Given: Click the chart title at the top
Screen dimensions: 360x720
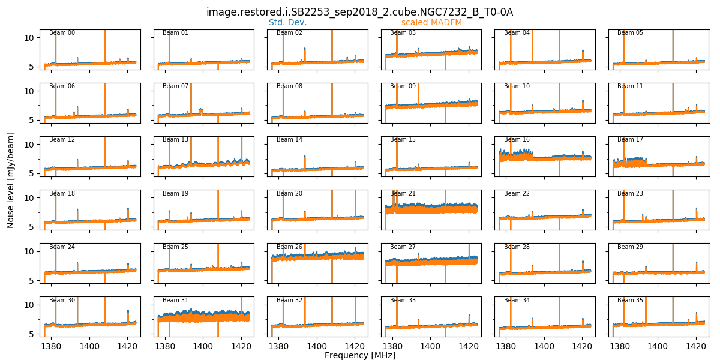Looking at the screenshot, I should [359, 12].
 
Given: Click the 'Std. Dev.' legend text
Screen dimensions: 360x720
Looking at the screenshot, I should [287, 22].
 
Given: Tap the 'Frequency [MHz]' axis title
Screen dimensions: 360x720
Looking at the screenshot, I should [359, 355].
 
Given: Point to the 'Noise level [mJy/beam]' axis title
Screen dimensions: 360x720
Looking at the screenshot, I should [11, 179].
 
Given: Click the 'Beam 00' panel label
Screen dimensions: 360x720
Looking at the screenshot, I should [62, 32].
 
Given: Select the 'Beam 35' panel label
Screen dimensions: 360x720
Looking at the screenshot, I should [630, 300].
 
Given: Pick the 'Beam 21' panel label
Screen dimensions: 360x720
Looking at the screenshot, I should [403, 193].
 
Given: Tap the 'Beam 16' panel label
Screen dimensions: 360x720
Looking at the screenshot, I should [517, 140].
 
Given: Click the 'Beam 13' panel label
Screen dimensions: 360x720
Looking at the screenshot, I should [175, 140].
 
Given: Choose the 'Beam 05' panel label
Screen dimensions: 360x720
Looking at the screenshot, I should [630, 32].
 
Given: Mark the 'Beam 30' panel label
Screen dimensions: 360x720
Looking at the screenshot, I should [62, 300].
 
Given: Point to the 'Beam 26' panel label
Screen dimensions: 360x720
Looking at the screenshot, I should [289, 247].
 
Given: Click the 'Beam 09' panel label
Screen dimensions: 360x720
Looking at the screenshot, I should [403, 86].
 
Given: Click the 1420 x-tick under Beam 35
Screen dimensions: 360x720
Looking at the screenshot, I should [696, 346].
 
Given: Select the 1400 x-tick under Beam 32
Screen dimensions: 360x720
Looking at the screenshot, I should [317, 346].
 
